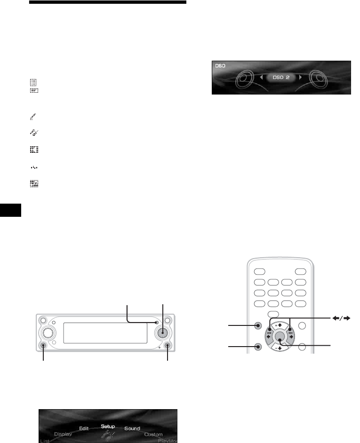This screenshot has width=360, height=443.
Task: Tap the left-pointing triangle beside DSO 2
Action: pyautogui.click(x=261, y=77)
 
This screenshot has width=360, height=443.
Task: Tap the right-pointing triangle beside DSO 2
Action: pyautogui.click(x=300, y=77)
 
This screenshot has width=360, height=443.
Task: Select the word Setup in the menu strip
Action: pyautogui.click(x=108, y=426)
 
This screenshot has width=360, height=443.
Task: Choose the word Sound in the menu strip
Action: pyautogui.click(x=133, y=428)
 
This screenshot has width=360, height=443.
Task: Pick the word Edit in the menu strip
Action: pyautogui.click(x=84, y=428)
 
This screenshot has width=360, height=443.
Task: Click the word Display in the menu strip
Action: pyautogui.click(x=63, y=434)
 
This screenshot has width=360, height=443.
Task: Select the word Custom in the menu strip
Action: pyautogui.click(x=153, y=435)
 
